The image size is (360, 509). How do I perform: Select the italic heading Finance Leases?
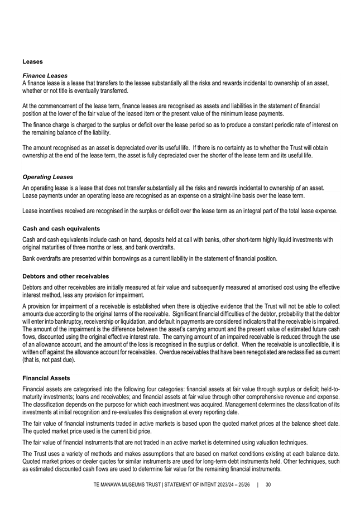pos(45,75)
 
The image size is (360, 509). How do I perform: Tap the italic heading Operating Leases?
pos(48,177)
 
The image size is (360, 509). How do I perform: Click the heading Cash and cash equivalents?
pos(61,228)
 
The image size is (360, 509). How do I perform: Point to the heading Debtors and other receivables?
pos(66,276)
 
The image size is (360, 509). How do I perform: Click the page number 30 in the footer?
pos(268,484)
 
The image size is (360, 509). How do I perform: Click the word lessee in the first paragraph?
pos(154,83)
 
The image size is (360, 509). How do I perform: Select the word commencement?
pos(64,105)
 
